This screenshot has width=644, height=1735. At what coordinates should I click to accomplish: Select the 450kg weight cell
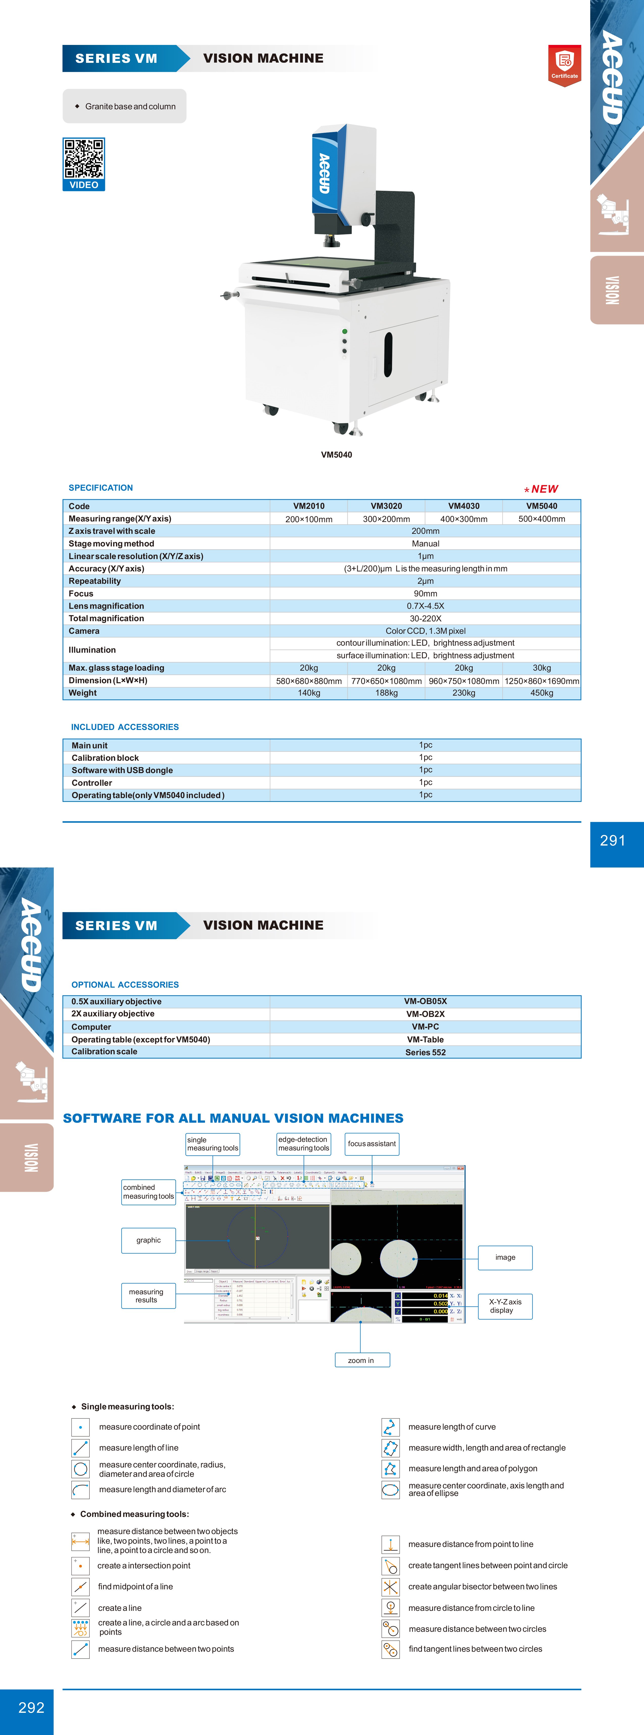[542, 693]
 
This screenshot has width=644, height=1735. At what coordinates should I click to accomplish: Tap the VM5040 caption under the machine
[336, 455]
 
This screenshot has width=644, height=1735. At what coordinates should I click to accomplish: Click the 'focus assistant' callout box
[372, 1144]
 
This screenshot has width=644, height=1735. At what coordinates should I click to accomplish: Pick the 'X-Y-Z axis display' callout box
[505, 1306]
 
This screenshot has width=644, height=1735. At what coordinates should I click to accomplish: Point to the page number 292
[31, 1707]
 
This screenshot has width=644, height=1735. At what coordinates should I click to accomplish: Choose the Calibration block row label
[105, 758]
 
